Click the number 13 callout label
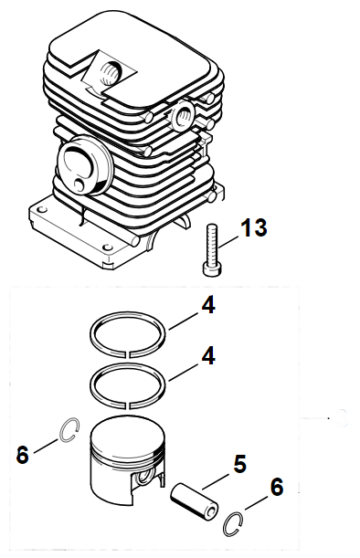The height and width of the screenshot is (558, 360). tap(253, 227)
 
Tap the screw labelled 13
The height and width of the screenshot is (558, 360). tap(211, 250)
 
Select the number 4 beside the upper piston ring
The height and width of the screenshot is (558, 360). tap(208, 305)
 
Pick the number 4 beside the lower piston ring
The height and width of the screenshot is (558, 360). tap(208, 356)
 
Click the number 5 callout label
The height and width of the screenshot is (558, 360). tap(240, 464)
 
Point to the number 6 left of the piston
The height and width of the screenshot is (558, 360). tap(23, 455)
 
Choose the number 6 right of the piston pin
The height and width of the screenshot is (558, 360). tap(277, 487)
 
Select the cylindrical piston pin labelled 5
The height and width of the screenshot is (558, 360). tap(194, 499)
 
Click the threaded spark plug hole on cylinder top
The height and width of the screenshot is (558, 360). tap(111, 71)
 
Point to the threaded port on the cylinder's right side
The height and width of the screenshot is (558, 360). tap(184, 114)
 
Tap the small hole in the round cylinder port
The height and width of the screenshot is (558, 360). tap(79, 184)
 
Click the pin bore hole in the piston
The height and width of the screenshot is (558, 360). tap(144, 477)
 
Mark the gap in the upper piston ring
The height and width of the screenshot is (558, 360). tap(128, 354)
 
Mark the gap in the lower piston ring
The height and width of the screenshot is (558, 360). tap(128, 405)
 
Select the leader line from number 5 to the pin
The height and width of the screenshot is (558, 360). tap(216, 481)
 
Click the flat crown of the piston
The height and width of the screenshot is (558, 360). tap(128, 434)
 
